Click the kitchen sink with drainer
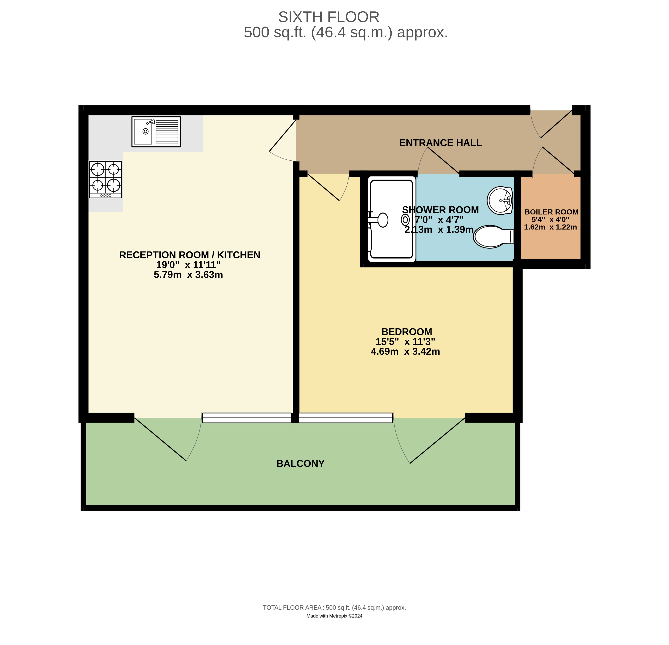pos(156,132)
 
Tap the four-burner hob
pos(105,179)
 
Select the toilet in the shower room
pos(493,236)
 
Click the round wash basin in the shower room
pos(500,200)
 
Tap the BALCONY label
pos(300,464)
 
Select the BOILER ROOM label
pos(551,212)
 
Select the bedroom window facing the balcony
pos(345,417)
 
